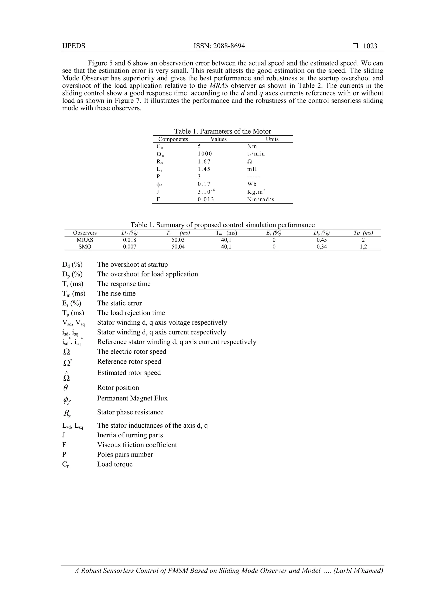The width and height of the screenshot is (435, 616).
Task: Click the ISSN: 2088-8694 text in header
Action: pos(219,46)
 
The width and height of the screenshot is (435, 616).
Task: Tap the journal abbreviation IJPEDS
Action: pos(74,46)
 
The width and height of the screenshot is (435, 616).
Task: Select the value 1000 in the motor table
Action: pos(205,154)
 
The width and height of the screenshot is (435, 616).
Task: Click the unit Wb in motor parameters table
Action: pos(252,184)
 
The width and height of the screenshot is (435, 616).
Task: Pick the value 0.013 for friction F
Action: pos(206,199)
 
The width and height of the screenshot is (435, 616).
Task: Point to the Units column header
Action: pos(272,139)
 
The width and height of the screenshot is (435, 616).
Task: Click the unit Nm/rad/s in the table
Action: pos(261,199)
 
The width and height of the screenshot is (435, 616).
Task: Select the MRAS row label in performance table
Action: pos(85,240)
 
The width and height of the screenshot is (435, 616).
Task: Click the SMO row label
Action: pos(85,247)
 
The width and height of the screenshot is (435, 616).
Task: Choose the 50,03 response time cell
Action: pos(178,240)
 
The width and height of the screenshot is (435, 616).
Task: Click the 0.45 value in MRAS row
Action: pos(322,240)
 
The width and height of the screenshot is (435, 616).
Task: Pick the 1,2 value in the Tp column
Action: pos(363,247)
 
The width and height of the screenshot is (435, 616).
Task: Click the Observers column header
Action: pos(85,233)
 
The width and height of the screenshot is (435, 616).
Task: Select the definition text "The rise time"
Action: pos(116,293)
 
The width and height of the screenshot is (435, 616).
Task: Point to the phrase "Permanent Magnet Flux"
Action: pos(132,398)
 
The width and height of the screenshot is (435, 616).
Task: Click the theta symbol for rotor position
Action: pos(66,388)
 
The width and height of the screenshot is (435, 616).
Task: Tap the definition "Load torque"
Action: pos(115,464)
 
